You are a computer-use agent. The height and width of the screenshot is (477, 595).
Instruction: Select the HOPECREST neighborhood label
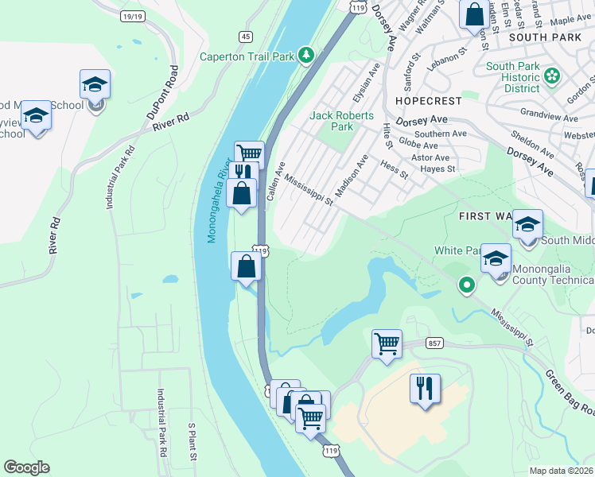click(427, 102)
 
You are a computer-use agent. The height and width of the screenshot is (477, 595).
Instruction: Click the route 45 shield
click(246, 37)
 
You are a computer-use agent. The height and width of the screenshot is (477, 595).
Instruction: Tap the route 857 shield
click(434, 343)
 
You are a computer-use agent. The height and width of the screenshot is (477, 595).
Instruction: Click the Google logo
click(26, 467)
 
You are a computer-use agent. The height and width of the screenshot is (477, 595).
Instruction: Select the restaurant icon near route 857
click(425, 389)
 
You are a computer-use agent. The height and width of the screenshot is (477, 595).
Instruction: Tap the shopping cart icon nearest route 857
click(387, 344)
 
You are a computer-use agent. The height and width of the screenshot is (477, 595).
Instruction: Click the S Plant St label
click(192, 442)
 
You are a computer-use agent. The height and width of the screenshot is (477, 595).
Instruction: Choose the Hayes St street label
click(438, 169)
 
